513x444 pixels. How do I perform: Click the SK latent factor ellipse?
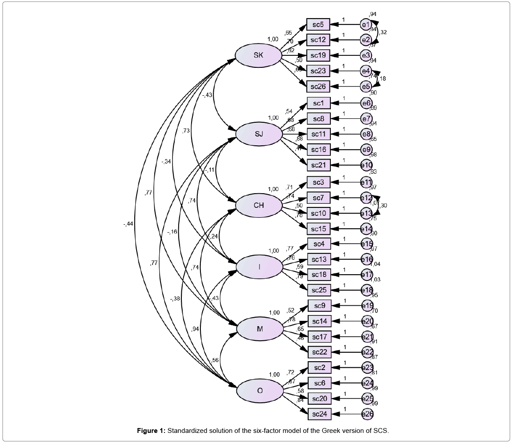(258, 55)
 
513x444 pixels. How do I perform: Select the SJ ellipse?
(258, 134)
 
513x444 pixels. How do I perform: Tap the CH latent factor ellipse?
(258, 205)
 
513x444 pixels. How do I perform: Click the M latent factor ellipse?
(259, 329)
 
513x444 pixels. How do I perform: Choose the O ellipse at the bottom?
(259, 390)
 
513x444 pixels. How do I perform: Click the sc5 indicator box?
(318, 25)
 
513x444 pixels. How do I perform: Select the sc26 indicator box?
(318, 86)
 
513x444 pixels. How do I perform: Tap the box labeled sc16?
(318, 149)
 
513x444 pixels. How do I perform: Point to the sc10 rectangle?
(318, 214)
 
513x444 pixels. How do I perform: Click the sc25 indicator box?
(319, 290)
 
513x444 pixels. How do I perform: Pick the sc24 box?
(319, 414)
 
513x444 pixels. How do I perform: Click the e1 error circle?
(365, 24)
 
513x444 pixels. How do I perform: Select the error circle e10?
(366, 165)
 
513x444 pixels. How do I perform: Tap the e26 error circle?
(367, 414)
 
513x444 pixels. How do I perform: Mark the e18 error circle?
(367, 290)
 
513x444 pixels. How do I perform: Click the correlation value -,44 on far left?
(128, 224)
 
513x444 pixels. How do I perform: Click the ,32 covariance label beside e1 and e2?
(384, 32)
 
